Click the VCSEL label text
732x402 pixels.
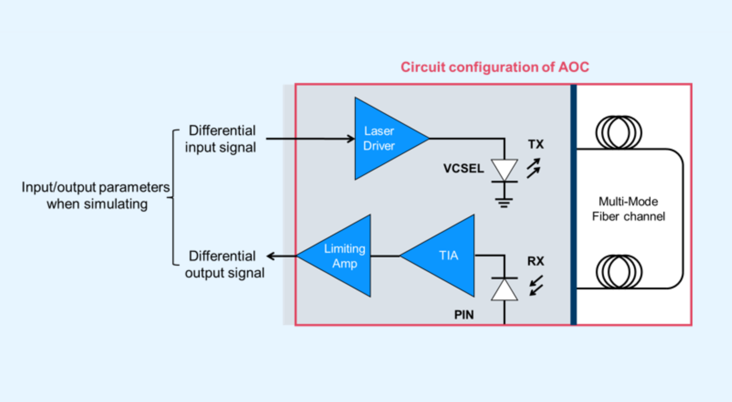tap(463, 169)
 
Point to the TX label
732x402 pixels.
tap(536, 145)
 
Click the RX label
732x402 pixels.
tap(536, 261)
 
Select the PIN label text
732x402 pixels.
tap(464, 315)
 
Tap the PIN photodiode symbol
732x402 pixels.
tap(504, 289)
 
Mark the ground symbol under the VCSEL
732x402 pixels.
tap(504, 202)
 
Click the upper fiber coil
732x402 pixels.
tap(618, 133)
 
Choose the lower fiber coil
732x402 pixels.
tap(618, 271)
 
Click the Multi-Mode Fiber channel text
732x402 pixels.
tap(629, 209)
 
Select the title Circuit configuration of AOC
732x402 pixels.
tap(495, 67)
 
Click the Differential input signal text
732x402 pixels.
tap(221, 139)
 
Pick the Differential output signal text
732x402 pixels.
tap(224, 264)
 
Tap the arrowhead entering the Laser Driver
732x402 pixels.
tap(350, 139)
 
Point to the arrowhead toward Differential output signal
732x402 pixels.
tap(271, 256)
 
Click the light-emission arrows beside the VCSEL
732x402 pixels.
tap(533, 168)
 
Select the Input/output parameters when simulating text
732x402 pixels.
tap(96, 196)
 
